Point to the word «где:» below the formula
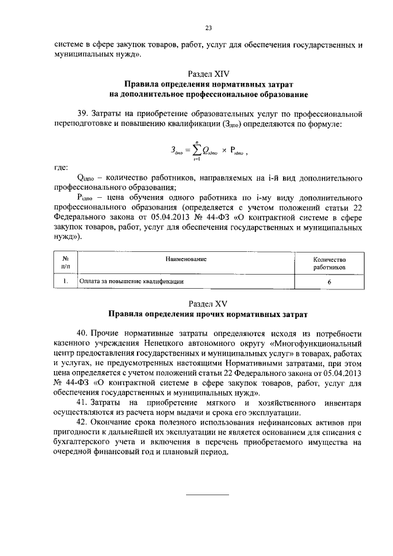(x=61, y=166)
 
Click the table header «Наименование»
(x=185, y=259)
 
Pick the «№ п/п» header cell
(x=64, y=264)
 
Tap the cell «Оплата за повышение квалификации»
(x=132, y=281)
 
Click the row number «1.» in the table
(x=64, y=281)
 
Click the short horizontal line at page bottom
(x=207, y=495)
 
